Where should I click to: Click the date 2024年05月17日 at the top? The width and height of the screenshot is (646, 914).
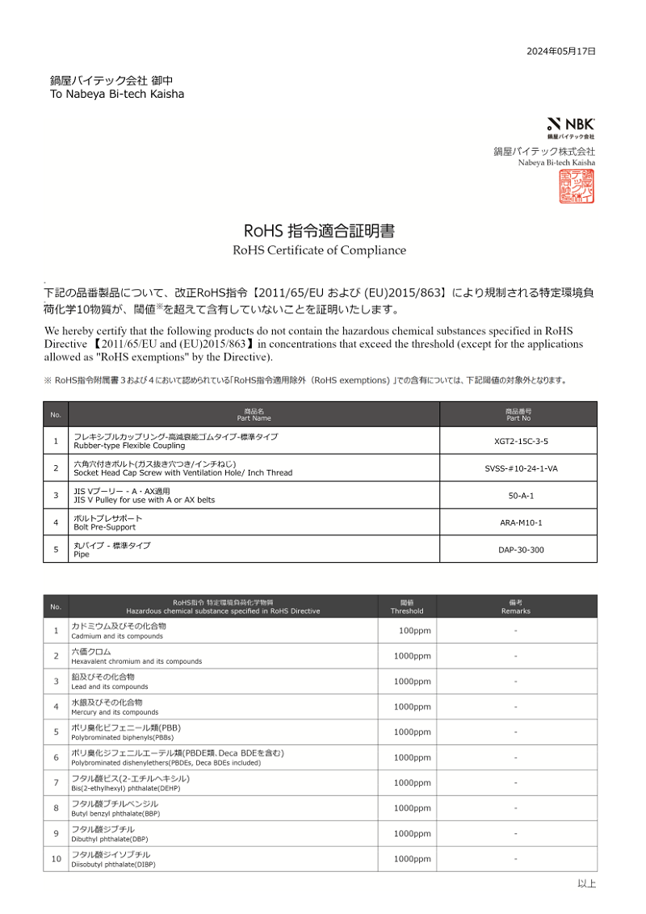tap(560, 51)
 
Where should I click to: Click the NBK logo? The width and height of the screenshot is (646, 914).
tap(571, 124)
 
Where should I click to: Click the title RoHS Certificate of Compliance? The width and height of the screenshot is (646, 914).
tap(319, 250)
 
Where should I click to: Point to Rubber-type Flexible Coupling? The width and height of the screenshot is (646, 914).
tap(129, 446)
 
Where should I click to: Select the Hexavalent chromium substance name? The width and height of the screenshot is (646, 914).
tap(136, 661)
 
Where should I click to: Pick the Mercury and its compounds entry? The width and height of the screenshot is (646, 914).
tap(115, 712)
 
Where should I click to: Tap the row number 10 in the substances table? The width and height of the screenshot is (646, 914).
tap(56, 859)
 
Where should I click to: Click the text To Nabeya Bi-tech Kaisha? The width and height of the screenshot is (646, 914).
tap(117, 94)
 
